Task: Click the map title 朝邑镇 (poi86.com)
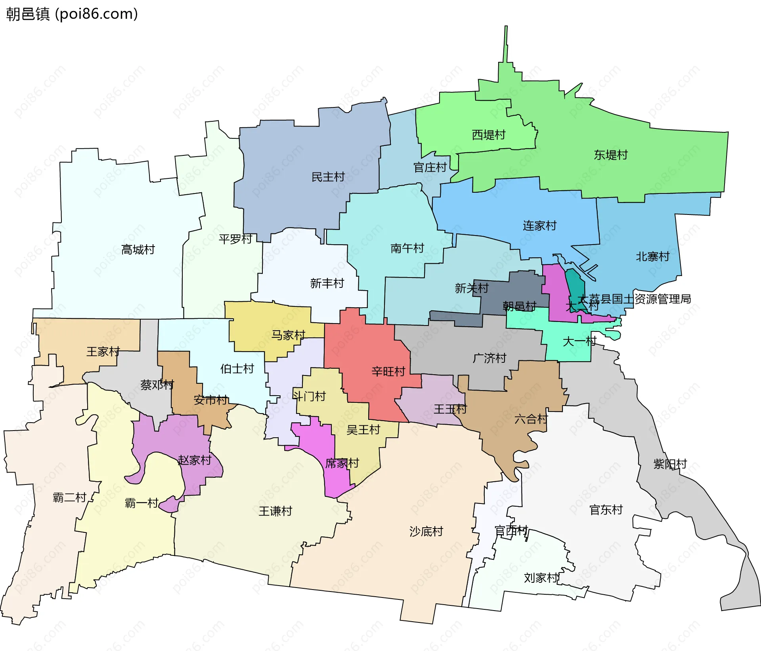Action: [72, 14]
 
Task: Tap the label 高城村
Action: [138, 250]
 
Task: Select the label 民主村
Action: [328, 177]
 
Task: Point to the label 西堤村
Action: [488, 135]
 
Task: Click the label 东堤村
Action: [610, 155]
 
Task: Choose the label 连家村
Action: [539, 226]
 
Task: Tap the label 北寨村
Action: [652, 257]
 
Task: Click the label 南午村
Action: [407, 249]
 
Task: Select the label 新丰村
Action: [327, 283]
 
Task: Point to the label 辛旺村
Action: [388, 371]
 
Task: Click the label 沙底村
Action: [426, 531]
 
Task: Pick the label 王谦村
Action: [275, 511]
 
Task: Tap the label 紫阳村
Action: [670, 464]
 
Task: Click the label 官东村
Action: [606, 510]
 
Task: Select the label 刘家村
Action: [541, 578]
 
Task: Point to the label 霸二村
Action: [69, 498]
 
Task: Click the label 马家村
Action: [288, 335]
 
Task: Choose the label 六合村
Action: [531, 419]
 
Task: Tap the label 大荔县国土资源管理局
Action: [634, 299]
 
